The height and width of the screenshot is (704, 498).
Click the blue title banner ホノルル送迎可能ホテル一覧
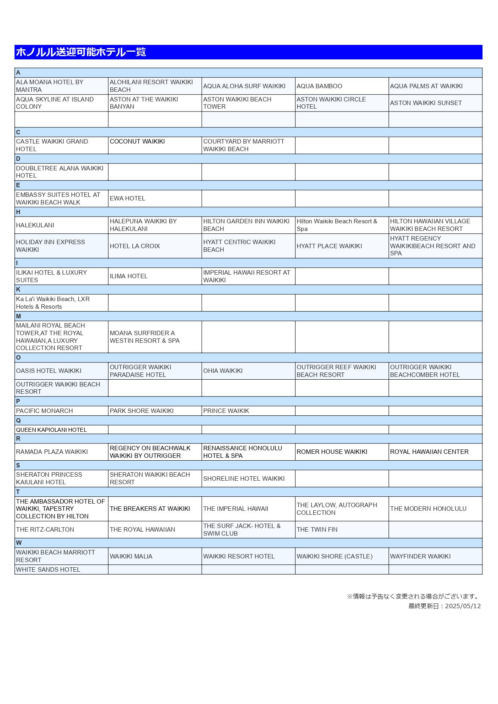248,52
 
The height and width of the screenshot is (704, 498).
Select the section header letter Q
18,421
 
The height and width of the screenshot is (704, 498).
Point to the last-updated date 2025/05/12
463,606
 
